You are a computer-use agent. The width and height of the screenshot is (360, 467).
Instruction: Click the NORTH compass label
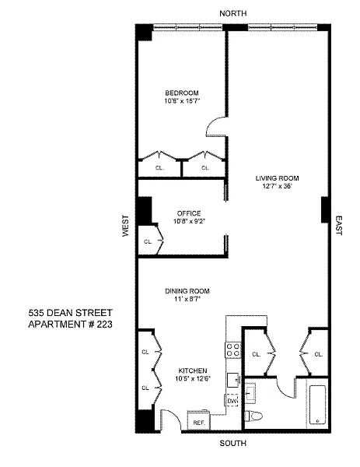point(233,13)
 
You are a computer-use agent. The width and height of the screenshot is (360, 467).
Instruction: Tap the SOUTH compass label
point(233,443)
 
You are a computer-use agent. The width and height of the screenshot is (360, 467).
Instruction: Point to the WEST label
point(126,226)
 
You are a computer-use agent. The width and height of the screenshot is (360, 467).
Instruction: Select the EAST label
point(339,226)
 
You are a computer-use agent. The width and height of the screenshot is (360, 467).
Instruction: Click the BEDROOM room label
point(182,93)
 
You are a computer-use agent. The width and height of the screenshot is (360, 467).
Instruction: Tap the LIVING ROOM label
point(277,178)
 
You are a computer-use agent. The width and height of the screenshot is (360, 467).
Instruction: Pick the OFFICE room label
point(189,213)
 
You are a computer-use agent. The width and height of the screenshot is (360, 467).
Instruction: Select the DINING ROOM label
point(187,291)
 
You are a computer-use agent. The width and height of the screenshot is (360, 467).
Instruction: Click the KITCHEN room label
point(193,370)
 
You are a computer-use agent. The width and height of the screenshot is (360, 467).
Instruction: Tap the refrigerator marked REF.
point(199,420)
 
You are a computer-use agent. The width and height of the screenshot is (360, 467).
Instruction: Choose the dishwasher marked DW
point(232,401)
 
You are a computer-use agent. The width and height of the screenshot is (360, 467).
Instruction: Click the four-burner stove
point(233,350)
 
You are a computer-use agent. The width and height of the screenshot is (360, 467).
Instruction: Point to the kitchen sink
point(233,380)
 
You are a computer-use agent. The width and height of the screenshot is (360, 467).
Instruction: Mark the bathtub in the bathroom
point(317,405)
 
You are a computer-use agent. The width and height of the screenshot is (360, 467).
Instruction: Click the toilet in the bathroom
point(253,416)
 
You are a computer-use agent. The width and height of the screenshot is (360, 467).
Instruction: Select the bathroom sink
point(250,393)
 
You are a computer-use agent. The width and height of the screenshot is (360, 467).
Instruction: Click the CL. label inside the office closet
point(148,242)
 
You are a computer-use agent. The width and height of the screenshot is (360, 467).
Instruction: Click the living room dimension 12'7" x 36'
point(277,187)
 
